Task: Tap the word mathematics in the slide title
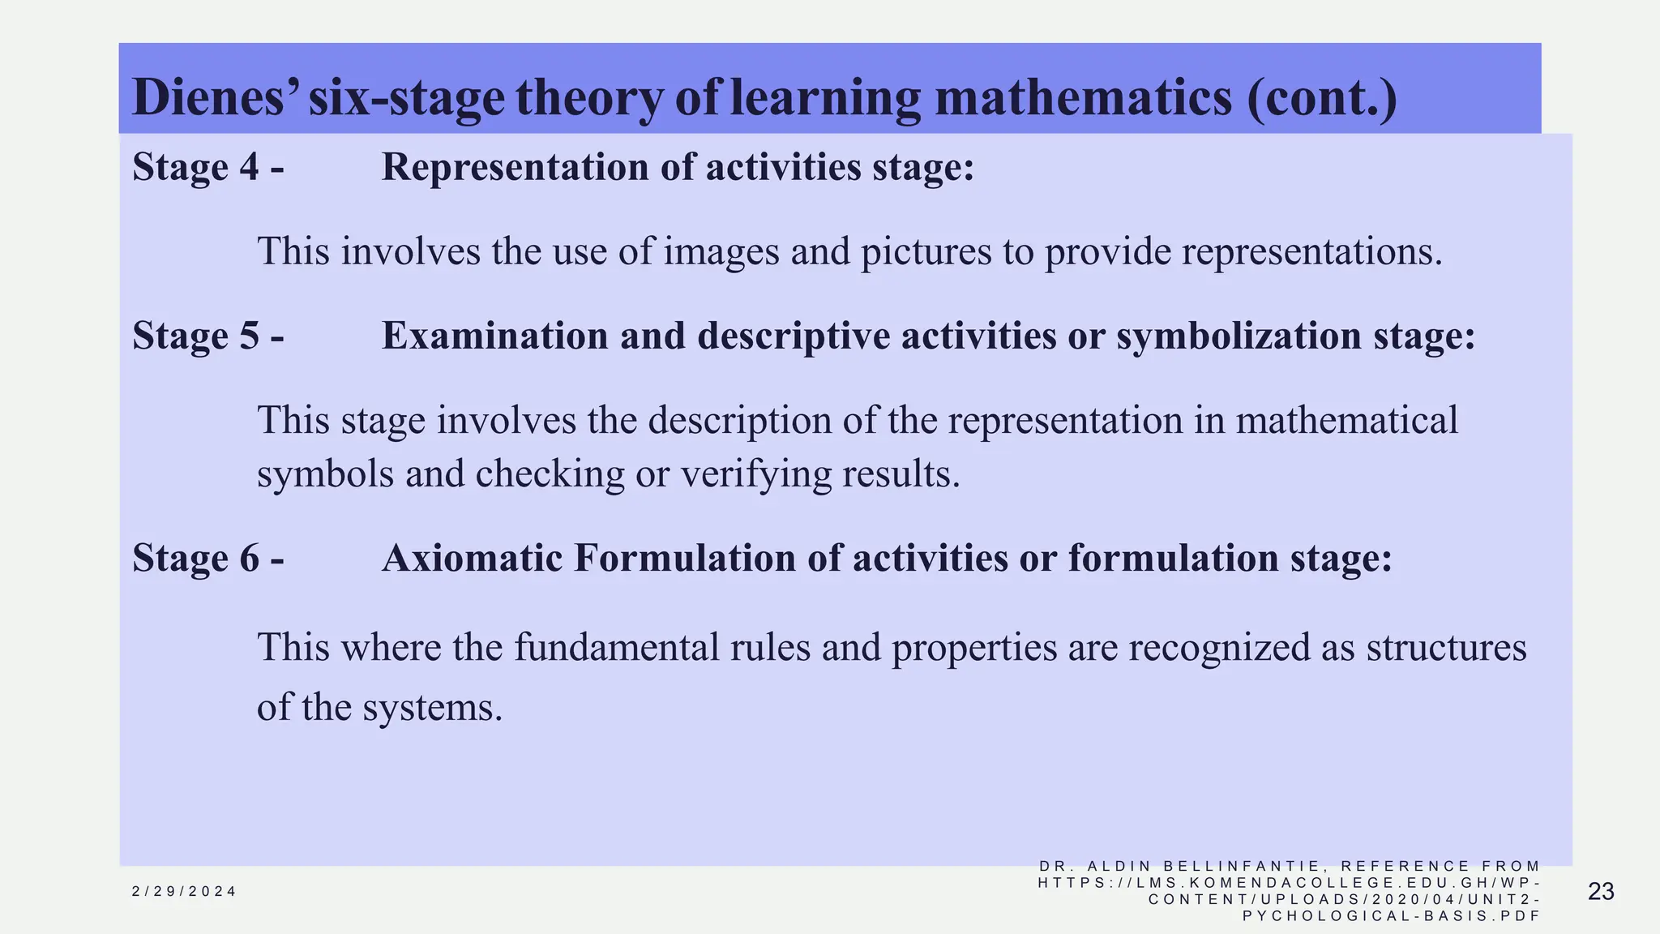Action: coord(1083,97)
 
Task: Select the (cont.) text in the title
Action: coord(1322,97)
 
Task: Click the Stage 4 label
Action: coord(208,167)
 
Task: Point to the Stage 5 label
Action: coord(208,336)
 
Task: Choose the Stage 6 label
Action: coord(208,558)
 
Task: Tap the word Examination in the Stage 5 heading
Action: coord(494,336)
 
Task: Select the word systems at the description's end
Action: coord(432,708)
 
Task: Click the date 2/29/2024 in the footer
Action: coord(184,892)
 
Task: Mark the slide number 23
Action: coord(1601,892)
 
